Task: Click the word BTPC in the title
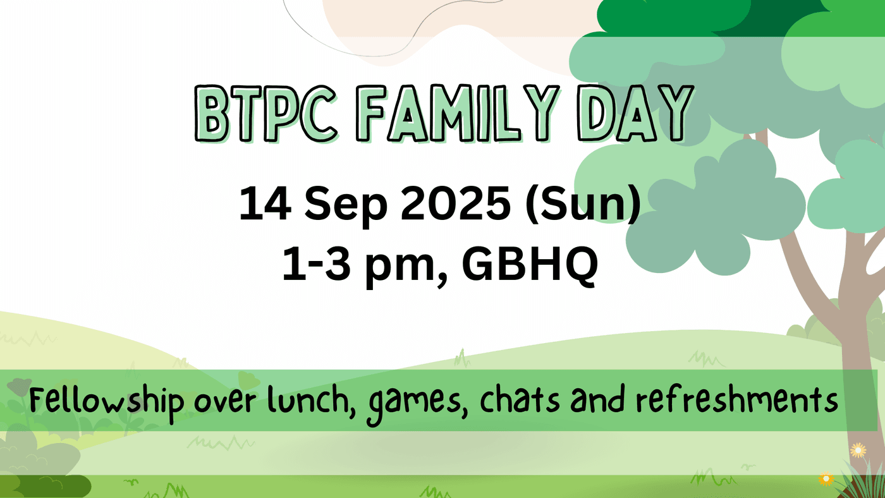point(266,114)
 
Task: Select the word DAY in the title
point(635,114)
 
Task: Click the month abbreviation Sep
point(346,207)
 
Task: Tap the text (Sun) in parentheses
point(583,205)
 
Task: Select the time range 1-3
point(317,263)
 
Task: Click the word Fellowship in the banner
point(107,400)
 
